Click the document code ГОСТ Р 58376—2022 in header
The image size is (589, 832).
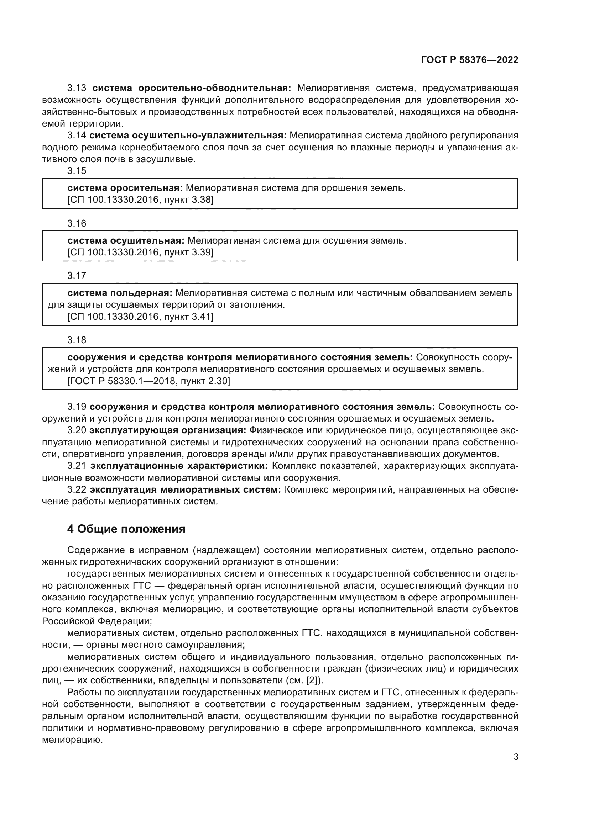pos(469,60)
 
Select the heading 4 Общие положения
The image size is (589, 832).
pos(126,529)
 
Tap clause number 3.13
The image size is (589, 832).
pos(77,88)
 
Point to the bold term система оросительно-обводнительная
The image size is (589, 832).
pos(192,88)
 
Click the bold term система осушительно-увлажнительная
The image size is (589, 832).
pos(188,136)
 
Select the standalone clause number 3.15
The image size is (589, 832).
pos(77,171)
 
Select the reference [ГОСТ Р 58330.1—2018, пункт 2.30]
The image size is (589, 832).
pos(149,381)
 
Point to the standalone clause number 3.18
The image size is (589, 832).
pos(77,340)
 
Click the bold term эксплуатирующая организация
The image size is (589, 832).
pos(168,430)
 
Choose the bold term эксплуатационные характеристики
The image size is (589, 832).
pos(179,466)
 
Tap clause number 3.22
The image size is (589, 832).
pos(77,489)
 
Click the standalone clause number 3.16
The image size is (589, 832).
pos(77,223)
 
